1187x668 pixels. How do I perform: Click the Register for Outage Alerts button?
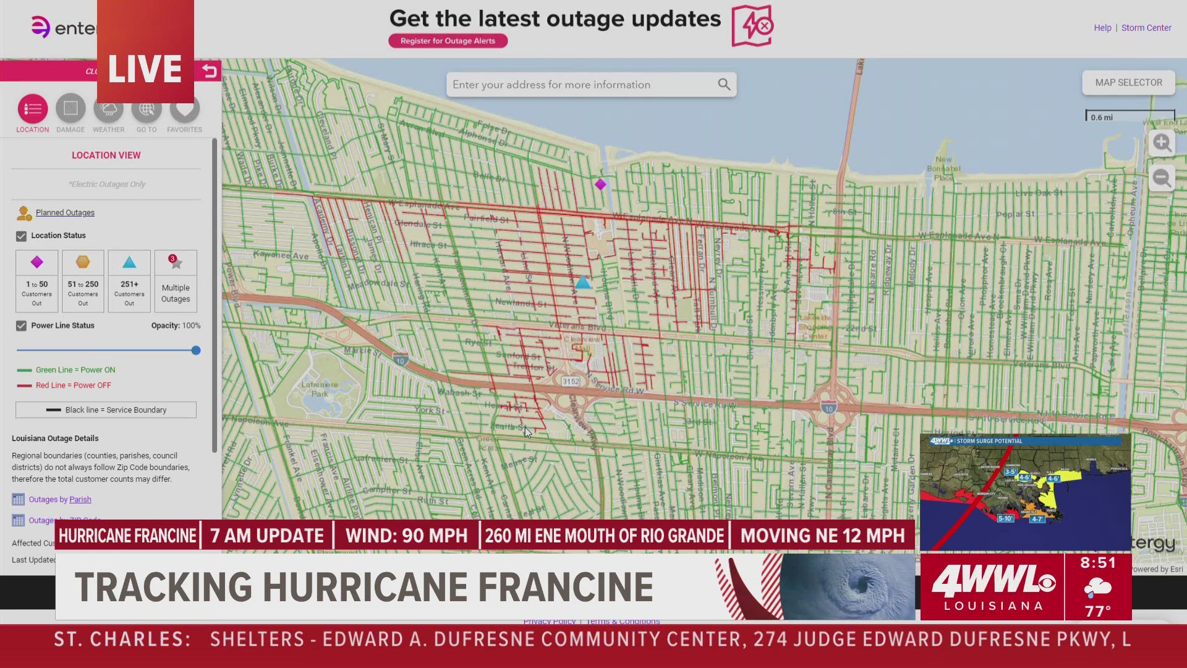pyautogui.click(x=448, y=41)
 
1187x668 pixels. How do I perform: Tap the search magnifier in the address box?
pyautogui.click(x=724, y=84)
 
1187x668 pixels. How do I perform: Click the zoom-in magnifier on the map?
pyautogui.click(x=1162, y=143)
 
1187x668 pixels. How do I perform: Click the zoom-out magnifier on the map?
pyautogui.click(x=1162, y=179)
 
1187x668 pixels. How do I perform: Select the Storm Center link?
pyautogui.click(x=1146, y=28)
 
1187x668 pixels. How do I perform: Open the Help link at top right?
pyautogui.click(x=1102, y=28)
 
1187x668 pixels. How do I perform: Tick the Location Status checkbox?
pyautogui.click(x=22, y=236)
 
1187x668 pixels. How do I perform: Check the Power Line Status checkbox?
pyautogui.click(x=22, y=326)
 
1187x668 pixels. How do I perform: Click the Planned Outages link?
pyautogui.click(x=65, y=213)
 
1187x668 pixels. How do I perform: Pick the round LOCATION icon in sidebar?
pyautogui.click(x=33, y=109)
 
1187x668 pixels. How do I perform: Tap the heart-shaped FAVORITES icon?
pyautogui.click(x=184, y=109)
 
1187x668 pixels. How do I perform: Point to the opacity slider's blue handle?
pyautogui.click(x=196, y=350)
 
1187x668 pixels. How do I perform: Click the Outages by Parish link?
pyautogui.click(x=60, y=500)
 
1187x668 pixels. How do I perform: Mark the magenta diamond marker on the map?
pyautogui.click(x=600, y=184)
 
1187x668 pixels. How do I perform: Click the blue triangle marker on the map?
pyautogui.click(x=583, y=283)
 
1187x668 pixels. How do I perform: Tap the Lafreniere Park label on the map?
pyautogui.click(x=320, y=388)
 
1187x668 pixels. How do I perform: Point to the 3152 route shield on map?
pyautogui.click(x=571, y=382)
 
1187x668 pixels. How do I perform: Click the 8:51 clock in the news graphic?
pyautogui.click(x=1098, y=563)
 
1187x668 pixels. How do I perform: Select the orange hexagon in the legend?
pyautogui.click(x=83, y=262)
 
